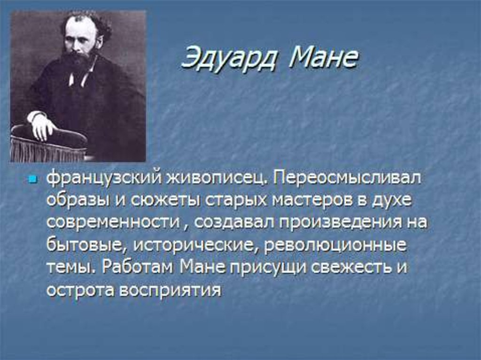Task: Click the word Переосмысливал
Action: pyautogui.click(x=347, y=178)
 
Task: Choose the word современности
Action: pyautogui.click(x=113, y=222)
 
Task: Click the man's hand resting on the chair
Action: pyautogui.click(x=41, y=125)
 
